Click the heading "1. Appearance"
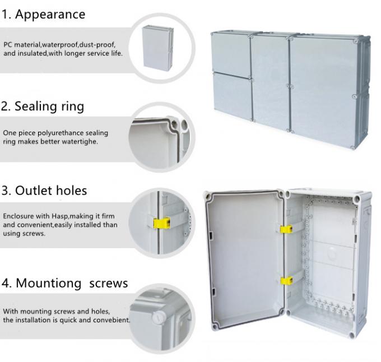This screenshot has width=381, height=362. pos(44,15)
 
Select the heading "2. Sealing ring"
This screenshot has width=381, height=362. pos(43,106)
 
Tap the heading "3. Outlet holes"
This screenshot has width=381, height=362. pos(44,191)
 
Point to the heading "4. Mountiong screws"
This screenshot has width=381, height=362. pos(64,283)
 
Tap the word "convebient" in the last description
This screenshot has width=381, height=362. pos(111,320)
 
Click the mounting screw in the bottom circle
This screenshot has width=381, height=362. pos(159,317)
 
